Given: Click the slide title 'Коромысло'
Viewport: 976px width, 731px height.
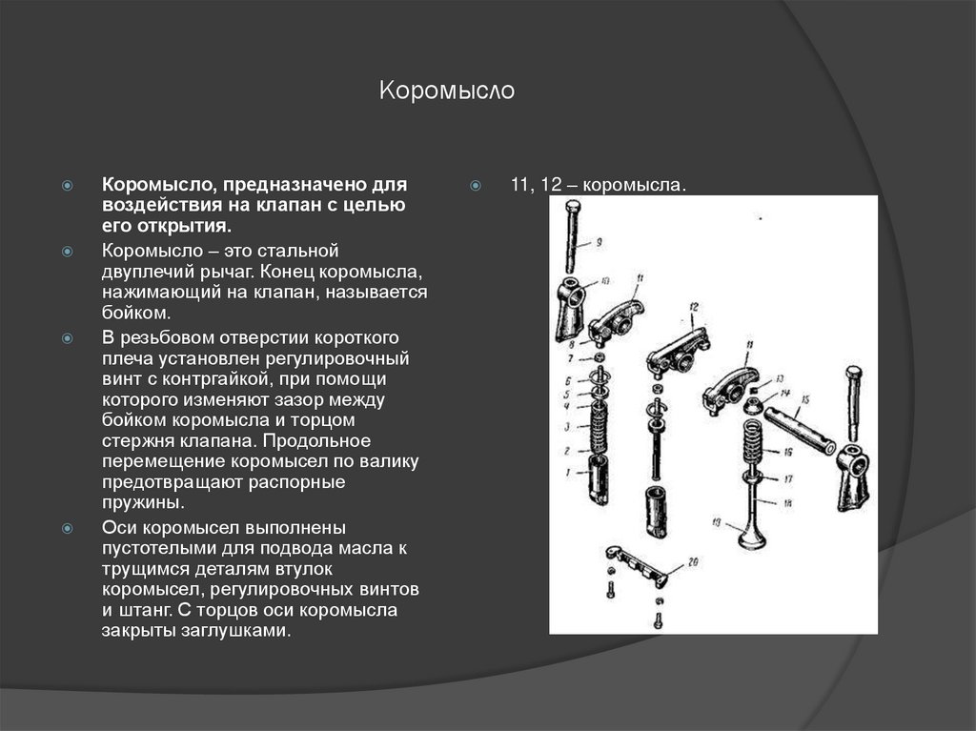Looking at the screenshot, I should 447,91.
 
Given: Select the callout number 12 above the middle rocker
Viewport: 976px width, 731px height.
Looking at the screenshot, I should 694,307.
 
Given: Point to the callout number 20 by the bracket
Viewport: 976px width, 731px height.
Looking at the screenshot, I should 693,561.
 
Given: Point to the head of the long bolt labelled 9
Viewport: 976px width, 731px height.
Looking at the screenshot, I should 572,209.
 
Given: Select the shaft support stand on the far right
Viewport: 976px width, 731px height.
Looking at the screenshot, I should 853,477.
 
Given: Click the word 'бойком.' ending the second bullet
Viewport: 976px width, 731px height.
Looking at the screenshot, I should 136,312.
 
